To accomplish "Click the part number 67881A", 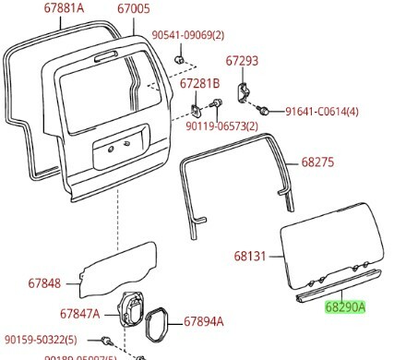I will click(x=64, y=10).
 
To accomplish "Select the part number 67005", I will click(x=133, y=10).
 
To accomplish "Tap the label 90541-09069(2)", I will click(x=188, y=35).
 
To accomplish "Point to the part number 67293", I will click(x=243, y=61).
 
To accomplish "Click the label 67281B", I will click(x=199, y=84).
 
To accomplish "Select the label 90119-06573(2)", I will click(x=221, y=126).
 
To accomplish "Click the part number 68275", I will click(x=317, y=162).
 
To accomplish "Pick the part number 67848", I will click(x=44, y=283).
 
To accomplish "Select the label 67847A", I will click(x=79, y=314).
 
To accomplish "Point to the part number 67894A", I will click(x=203, y=322).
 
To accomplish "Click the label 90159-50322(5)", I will click(x=46, y=340).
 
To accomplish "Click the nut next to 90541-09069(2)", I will click(x=181, y=61).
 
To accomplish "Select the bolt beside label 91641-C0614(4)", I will click(x=264, y=111).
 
